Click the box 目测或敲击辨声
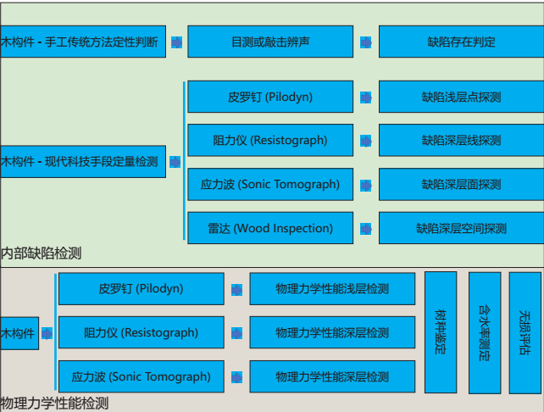point(269,42)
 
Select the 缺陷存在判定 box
point(461,42)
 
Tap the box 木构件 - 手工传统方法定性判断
point(83,42)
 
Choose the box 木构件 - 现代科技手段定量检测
point(83,161)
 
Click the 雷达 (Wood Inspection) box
point(269,228)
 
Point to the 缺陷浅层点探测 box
point(461,97)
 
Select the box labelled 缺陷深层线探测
point(461,141)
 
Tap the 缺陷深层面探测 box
point(461,184)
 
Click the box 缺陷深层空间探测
point(461,228)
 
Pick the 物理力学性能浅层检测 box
point(332,289)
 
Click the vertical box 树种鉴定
point(441,331)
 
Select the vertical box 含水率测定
point(485,331)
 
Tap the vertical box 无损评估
point(525,331)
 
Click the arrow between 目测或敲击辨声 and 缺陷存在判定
point(365,42)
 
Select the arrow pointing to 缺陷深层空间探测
point(365,228)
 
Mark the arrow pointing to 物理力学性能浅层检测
point(236,289)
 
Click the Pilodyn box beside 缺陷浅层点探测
point(269,97)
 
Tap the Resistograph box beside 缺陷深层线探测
point(269,141)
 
